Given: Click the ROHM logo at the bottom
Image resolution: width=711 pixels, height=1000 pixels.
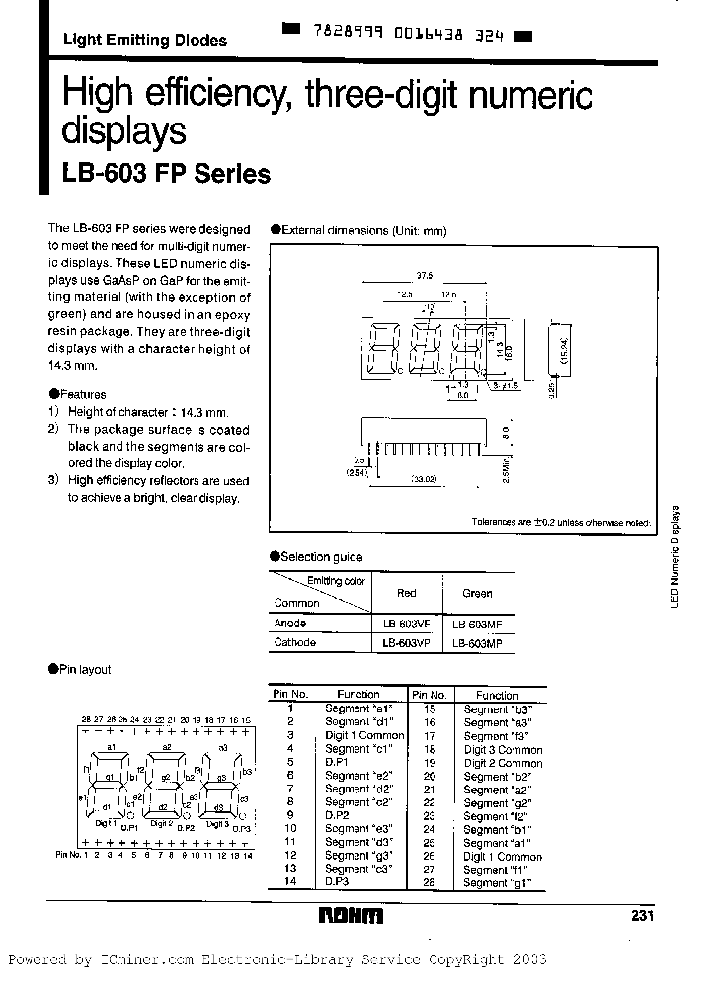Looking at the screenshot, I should (x=350, y=916).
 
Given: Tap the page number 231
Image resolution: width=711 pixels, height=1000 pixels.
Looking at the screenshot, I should (x=642, y=916).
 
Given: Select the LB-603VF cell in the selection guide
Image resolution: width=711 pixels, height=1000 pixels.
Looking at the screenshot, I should (x=406, y=625).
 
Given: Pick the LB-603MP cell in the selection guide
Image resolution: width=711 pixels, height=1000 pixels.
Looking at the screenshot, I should (x=477, y=643).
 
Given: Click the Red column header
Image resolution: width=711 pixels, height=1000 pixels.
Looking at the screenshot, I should (x=406, y=593).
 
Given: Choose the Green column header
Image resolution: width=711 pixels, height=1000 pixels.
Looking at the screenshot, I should (x=477, y=594).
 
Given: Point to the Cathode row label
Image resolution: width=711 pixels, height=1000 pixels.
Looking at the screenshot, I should (x=294, y=642).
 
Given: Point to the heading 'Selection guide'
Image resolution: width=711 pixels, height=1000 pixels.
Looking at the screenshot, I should (x=321, y=557).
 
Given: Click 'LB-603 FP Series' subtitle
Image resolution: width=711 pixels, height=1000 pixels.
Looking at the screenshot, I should (x=166, y=174).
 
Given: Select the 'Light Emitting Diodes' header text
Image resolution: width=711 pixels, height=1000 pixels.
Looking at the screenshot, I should (x=144, y=41).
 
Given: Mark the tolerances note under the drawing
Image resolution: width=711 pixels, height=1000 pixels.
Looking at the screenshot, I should (x=560, y=521).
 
